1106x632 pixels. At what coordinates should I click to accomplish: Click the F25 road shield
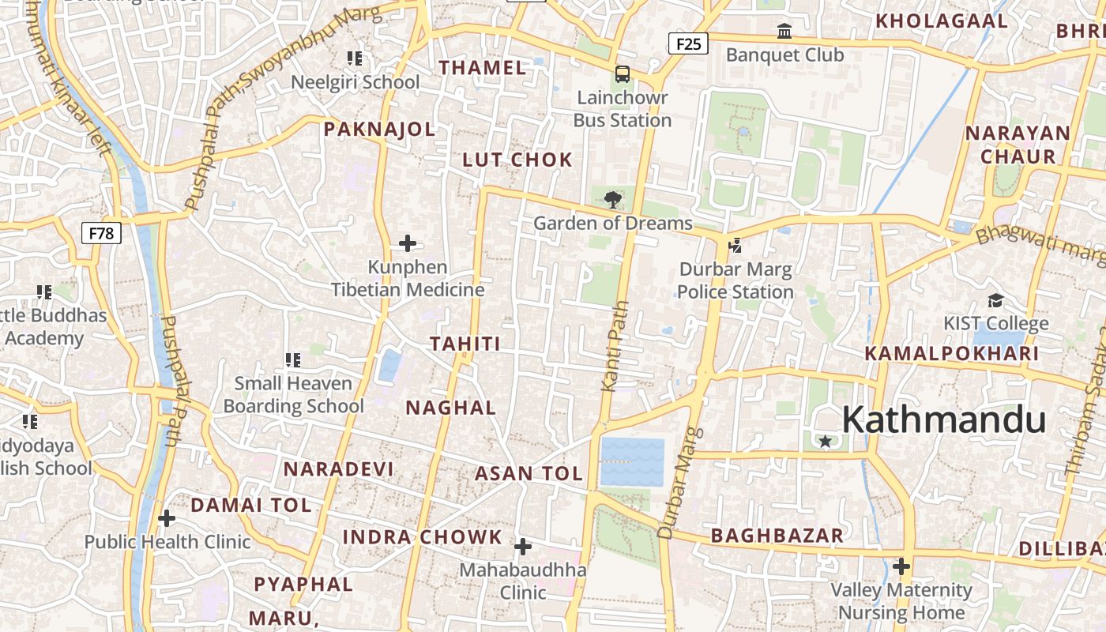coord(688,43)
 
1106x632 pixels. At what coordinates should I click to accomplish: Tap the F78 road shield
coord(101,233)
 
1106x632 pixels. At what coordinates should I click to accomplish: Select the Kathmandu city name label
coord(943,419)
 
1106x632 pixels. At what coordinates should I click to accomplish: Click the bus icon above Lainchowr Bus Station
coord(623,74)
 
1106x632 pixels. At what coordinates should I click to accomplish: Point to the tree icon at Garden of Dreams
coord(611,199)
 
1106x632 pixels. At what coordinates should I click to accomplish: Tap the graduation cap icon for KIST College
coord(995,300)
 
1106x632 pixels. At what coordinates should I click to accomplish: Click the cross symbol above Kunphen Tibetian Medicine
coord(408,243)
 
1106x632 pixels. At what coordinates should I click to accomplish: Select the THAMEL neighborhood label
coord(483,68)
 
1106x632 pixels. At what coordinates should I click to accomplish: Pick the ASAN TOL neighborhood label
coord(529,474)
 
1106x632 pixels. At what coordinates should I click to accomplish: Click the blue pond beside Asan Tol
coord(632,461)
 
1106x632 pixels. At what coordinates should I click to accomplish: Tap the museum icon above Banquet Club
coord(784,32)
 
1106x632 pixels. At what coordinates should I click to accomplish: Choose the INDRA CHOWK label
coord(422,537)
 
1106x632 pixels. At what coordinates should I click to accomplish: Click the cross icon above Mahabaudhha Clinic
coord(523,547)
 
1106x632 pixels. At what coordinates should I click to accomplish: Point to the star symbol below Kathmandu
coord(826,441)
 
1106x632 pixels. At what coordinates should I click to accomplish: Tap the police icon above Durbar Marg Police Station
coord(735,246)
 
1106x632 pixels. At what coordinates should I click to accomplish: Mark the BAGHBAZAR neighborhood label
coord(777,536)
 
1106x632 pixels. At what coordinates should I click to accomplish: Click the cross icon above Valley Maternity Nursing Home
coord(901,566)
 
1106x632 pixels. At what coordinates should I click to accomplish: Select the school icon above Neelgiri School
coord(355,58)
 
